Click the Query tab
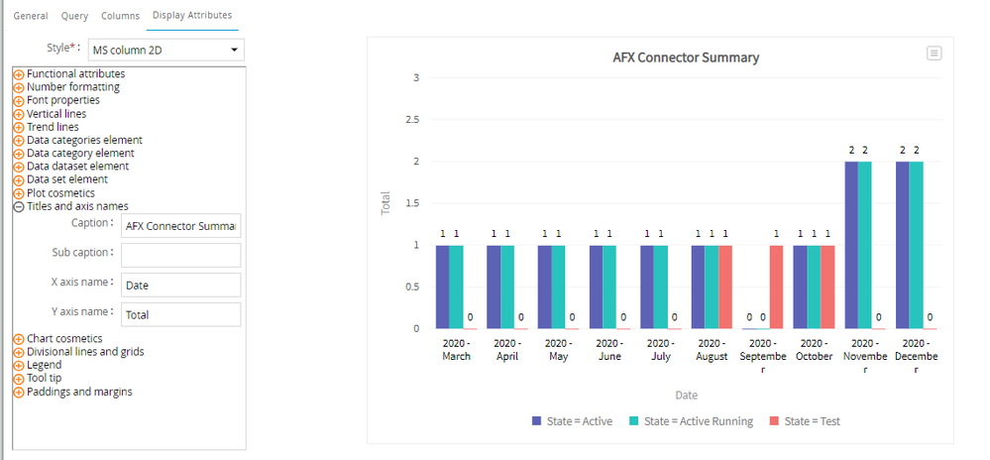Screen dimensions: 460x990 [x=74, y=16]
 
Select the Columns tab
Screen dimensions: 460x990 [x=120, y=16]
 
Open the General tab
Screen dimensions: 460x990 [x=31, y=16]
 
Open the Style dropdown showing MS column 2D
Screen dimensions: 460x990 [x=174, y=50]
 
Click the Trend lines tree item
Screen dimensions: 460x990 [x=53, y=127]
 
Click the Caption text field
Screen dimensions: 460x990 [x=180, y=226]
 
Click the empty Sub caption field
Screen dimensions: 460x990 [x=180, y=255]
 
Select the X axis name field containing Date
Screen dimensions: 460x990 [x=180, y=285]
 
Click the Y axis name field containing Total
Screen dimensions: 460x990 [x=180, y=314]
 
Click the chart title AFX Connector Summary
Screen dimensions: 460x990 [x=686, y=57]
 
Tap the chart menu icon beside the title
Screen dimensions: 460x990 [x=934, y=54]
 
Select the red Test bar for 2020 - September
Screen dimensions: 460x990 [x=776, y=287]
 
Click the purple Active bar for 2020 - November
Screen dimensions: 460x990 [x=851, y=245]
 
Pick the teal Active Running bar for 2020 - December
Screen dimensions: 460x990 [x=916, y=245]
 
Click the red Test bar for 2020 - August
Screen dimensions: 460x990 [x=725, y=287]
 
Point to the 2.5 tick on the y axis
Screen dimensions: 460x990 [x=413, y=120]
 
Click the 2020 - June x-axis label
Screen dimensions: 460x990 [x=609, y=350]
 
